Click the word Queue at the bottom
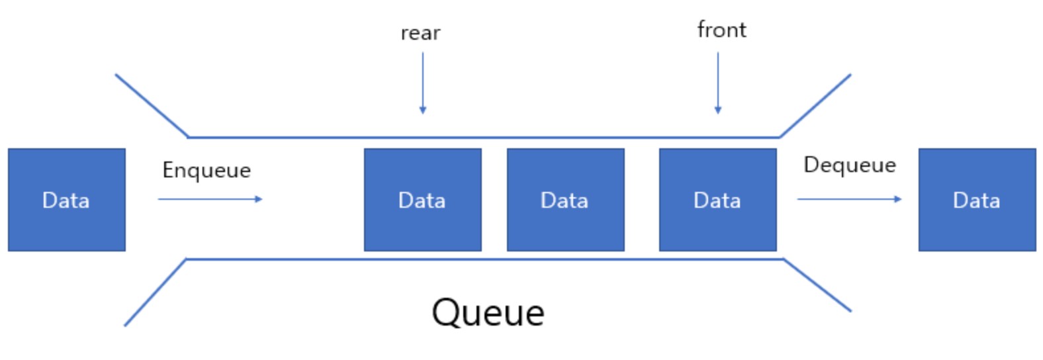click(x=488, y=312)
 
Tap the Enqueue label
click(x=206, y=170)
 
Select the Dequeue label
click(x=849, y=165)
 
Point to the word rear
click(x=420, y=33)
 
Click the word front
click(x=721, y=30)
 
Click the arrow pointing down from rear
click(x=422, y=83)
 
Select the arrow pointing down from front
click(x=718, y=83)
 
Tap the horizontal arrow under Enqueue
click(x=210, y=199)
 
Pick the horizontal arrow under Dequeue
click(x=849, y=199)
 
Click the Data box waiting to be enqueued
click(x=66, y=200)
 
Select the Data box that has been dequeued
click(x=977, y=200)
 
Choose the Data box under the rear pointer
click(x=422, y=200)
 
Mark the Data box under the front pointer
click(x=717, y=200)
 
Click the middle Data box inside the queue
click(x=565, y=200)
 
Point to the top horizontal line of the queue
click(x=483, y=138)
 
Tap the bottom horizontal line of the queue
click(x=483, y=259)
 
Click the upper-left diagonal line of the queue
click(x=152, y=105)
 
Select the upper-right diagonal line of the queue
click(x=815, y=106)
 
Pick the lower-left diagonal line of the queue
click(x=156, y=292)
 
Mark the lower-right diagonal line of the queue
click(x=817, y=285)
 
